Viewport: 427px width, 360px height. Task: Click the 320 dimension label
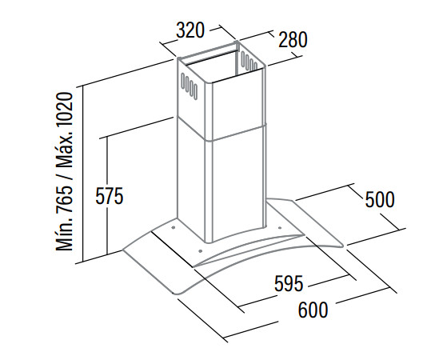(x=190, y=30)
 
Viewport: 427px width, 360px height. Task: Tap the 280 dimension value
(x=293, y=40)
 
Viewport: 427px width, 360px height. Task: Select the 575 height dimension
(x=110, y=196)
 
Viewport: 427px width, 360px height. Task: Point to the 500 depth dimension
(x=380, y=199)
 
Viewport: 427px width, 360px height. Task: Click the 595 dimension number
(x=289, y=283)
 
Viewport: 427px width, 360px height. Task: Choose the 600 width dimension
(x=313, y=310)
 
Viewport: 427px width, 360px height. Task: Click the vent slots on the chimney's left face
(x=189, y=85)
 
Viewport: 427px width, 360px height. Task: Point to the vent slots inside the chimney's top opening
(x=249, y=62)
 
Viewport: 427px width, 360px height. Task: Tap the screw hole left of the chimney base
(x=173, y=227)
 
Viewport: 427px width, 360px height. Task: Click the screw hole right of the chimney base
(x=280, y=227)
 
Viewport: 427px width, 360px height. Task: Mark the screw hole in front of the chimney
(x=201, y=250)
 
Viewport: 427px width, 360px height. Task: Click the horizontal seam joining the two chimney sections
(x=222, y=130)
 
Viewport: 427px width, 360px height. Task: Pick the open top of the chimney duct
(x=221, y=62)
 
